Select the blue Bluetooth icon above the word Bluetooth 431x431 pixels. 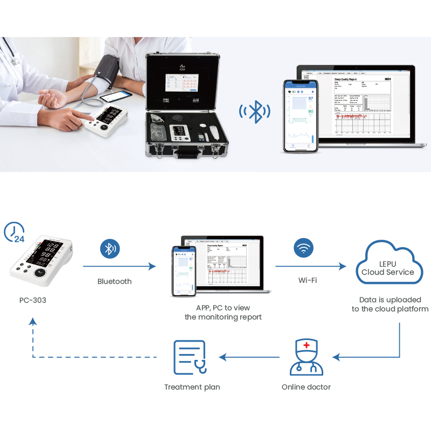tap(110, 249)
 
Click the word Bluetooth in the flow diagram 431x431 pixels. tap(114, 281)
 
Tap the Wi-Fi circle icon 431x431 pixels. tap(303, 249)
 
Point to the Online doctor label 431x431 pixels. tap(306, 387)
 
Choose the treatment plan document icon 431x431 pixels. tap(189, 357)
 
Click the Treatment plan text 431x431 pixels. tap(192, 387)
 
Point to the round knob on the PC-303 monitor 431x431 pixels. tap(39, 273)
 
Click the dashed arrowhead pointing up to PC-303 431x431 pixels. tap(33, 321)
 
